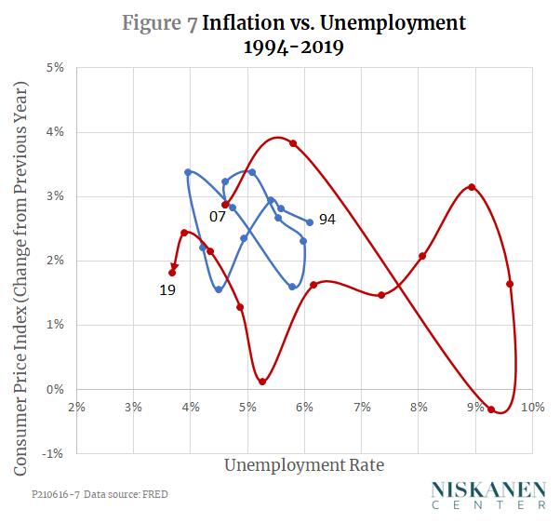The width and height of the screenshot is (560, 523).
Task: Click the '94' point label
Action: [x=327, y=221]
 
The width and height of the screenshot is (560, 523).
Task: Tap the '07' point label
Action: [x=217, y=216]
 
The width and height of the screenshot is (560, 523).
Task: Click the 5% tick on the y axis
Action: [x=56, y=68]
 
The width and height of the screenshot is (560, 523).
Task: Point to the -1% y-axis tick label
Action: [x=54, y=453]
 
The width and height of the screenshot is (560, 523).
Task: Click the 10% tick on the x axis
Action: [x=532, y=407]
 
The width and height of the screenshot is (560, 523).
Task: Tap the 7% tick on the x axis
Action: [x=361, y=407]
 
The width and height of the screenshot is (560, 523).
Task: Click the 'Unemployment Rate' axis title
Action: [x=303, y=463]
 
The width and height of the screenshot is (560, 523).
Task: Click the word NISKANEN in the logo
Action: [x=488, y=489]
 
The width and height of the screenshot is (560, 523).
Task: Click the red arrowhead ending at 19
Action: [x=174, y=267]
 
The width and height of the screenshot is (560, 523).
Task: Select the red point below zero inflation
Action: [x=491, y=409]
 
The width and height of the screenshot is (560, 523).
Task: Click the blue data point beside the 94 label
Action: [x=310, y=222]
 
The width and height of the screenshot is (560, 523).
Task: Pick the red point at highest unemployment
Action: [x=510, y=284]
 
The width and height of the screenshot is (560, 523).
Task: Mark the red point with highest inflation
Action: [x=293, y=143]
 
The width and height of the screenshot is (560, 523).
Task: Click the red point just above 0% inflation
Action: [x=262, y=382]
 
